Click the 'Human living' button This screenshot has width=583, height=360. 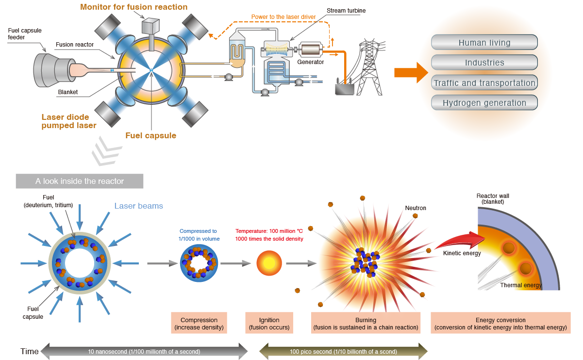(484, 43)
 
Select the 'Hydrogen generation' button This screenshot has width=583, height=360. (484, 103)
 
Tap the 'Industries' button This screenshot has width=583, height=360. (484, 63)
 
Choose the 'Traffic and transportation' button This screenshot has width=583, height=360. (484, 83)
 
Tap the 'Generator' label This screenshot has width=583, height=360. (311, 62)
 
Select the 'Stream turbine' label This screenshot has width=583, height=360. (346, 10)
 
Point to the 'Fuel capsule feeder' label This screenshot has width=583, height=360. (25, 34)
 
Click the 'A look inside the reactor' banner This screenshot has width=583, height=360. (80, 181)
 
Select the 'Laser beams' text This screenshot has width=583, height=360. (138, 206)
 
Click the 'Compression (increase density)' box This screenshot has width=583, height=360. (199, 324)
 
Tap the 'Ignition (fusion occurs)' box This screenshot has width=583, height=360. (269, 324)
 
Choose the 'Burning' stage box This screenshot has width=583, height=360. (366, 324)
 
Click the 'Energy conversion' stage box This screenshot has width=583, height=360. (500, 324)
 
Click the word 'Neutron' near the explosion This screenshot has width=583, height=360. (416, 208)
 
